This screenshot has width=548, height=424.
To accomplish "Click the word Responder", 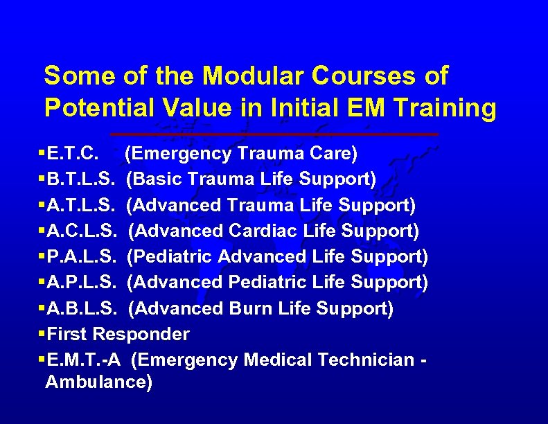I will [x=141, y=334].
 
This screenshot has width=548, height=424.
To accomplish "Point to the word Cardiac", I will [x=265, y=231].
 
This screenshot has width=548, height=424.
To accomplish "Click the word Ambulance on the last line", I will [x=98, y=382].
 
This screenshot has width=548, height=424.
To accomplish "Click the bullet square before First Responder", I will [x=42, y=334].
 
